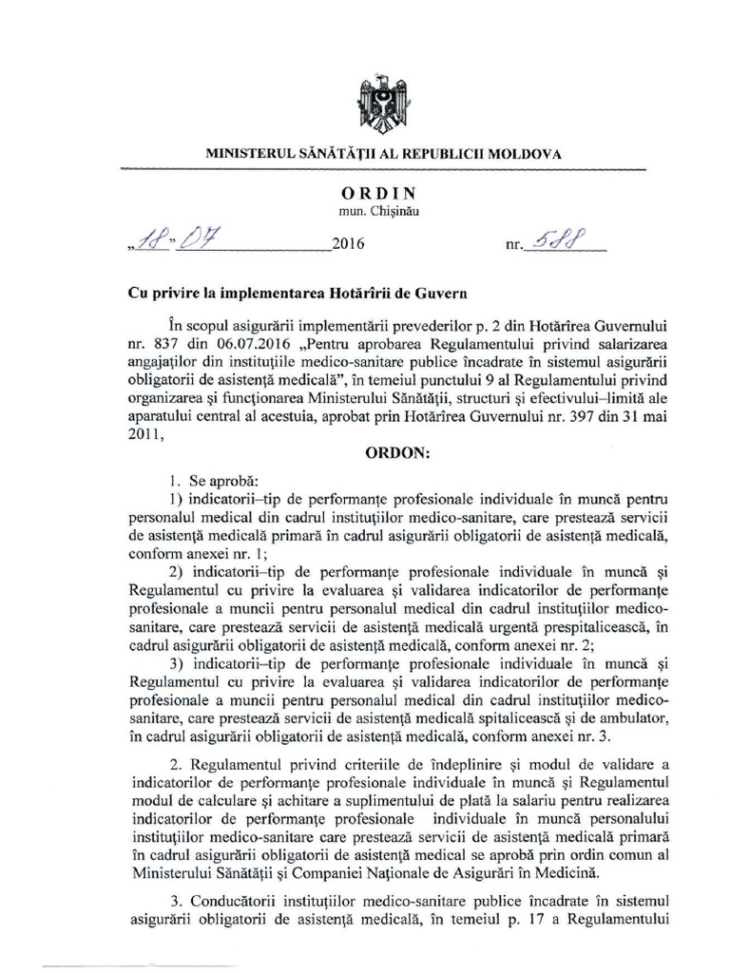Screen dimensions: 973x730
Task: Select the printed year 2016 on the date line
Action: [349, 244]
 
